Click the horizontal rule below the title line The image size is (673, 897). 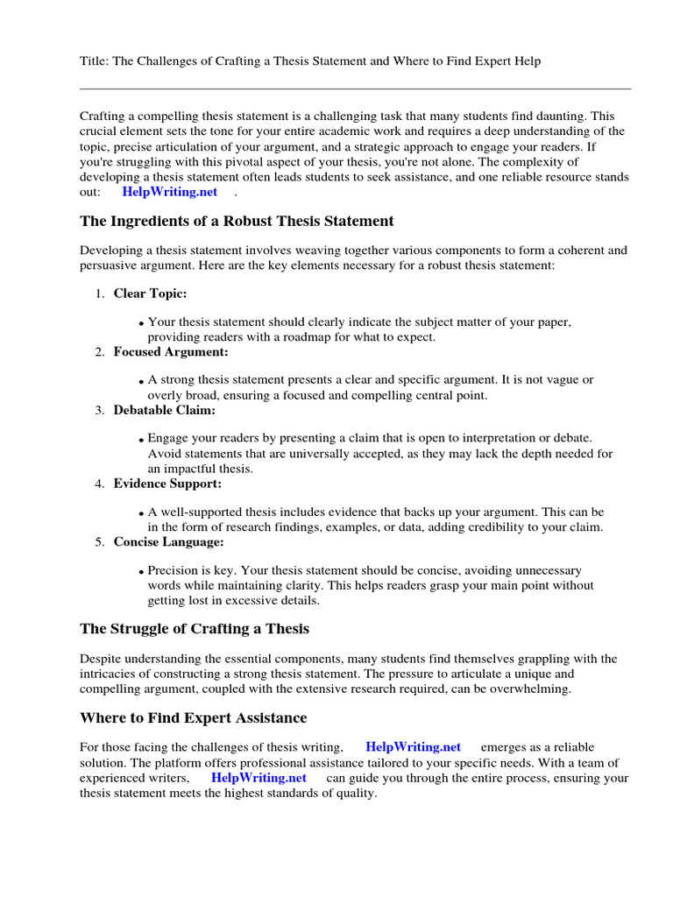[355, 88]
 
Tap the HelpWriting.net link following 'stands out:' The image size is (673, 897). [169, 192]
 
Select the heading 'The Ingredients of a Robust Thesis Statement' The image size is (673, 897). [237, 221]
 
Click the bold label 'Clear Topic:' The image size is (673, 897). [150, 293]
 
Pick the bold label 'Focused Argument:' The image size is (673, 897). [171, 351]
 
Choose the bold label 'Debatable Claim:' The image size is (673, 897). [164, 409]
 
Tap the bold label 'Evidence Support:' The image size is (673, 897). [167, 483]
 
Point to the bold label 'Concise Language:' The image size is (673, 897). [168, 541]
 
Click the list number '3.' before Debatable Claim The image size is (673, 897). [99, 410]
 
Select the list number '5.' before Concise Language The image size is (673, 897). [99, 542]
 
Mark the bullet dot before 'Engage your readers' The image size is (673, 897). [141, 440]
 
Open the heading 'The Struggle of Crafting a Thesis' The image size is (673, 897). [195, 629]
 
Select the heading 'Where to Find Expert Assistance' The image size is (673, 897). [194, 718]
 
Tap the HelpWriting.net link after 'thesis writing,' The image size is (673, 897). [413, 747]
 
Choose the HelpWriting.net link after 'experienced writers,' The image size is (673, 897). [259, 777]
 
